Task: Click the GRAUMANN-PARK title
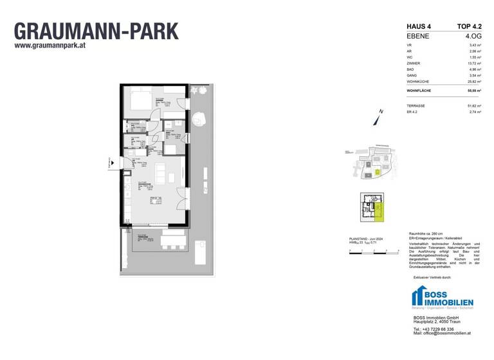pos(96,31)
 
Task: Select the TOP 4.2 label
pos(469,26)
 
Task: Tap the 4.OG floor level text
pos(471,36)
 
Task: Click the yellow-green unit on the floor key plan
pos(379,210)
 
